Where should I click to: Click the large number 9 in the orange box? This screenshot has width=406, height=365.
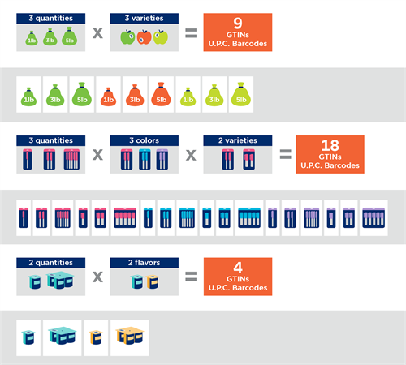point(238,24)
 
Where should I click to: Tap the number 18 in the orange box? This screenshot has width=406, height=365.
point(330,145)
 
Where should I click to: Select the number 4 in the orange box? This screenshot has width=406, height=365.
point(238,268)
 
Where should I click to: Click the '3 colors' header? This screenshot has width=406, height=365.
point(144,140)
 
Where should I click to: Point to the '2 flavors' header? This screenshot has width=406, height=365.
point(144,263)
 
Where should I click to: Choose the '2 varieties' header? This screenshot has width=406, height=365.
point(238,140)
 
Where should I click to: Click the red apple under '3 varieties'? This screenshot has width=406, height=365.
point(144,37)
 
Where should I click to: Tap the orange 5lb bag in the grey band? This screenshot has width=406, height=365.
point(161,94)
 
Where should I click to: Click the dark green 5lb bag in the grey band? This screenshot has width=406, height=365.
point(82,94)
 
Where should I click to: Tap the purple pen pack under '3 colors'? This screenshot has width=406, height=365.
point(162,159)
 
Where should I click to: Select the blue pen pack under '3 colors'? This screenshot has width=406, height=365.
point(145,159)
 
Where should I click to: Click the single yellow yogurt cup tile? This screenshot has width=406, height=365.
point(96,338)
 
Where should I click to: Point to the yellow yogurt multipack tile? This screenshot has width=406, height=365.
point(130,338)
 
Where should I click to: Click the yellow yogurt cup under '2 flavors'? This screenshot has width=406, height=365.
point(153,281)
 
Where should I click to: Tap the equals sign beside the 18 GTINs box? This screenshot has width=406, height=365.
point(285,154)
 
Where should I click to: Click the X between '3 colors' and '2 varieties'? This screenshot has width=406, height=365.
point(191,155)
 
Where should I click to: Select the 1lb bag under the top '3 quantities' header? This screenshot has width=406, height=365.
point(32,38)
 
